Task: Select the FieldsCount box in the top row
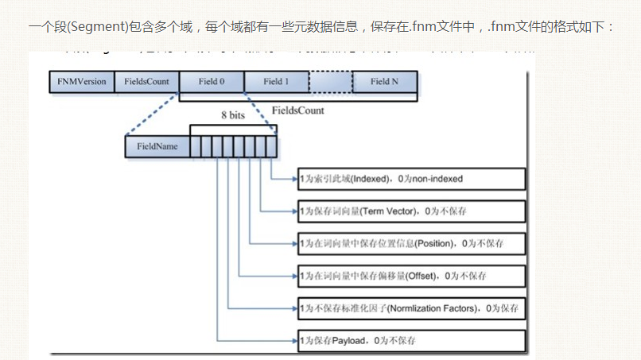[x=146, y=81]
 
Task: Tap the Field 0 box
[x=211, y=81]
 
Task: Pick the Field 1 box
[x=276, y=81]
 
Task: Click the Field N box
[x=385, y=81]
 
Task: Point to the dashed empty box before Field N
[x=330, y=81]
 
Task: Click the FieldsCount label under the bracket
[x=298, y=110]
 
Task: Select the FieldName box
[x=157, y=146]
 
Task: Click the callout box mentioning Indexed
[x=411, y=179]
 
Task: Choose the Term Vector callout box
[x=411, y=211]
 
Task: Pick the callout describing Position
[x=411, y=242]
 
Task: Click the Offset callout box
[x=411, y=276]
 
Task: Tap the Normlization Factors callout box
[x=411, y=308]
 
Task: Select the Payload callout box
[x=411, y=340]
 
